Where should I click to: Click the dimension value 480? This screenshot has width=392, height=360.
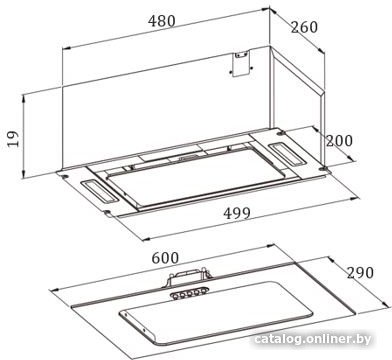(162, 21)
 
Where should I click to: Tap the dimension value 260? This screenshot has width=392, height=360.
(304, 27)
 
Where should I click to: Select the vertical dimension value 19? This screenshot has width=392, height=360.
(13, 138)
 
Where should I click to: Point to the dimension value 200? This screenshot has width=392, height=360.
(339, 141)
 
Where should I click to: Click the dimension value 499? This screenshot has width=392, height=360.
(237, 213)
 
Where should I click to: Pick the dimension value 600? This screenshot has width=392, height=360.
(165, 258)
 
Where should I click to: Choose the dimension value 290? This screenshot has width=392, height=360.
(360, 273)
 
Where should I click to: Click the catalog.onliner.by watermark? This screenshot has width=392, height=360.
(312, 339)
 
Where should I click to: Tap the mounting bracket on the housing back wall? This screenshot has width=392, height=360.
(241, 64)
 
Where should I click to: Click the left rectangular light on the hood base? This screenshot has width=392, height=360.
(99, 192)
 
